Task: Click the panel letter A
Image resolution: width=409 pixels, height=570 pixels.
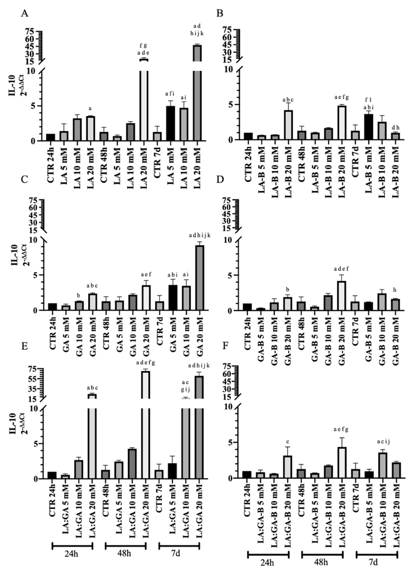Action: [24, 13]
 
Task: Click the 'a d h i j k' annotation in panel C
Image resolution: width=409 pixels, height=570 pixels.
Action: [200, 235]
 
